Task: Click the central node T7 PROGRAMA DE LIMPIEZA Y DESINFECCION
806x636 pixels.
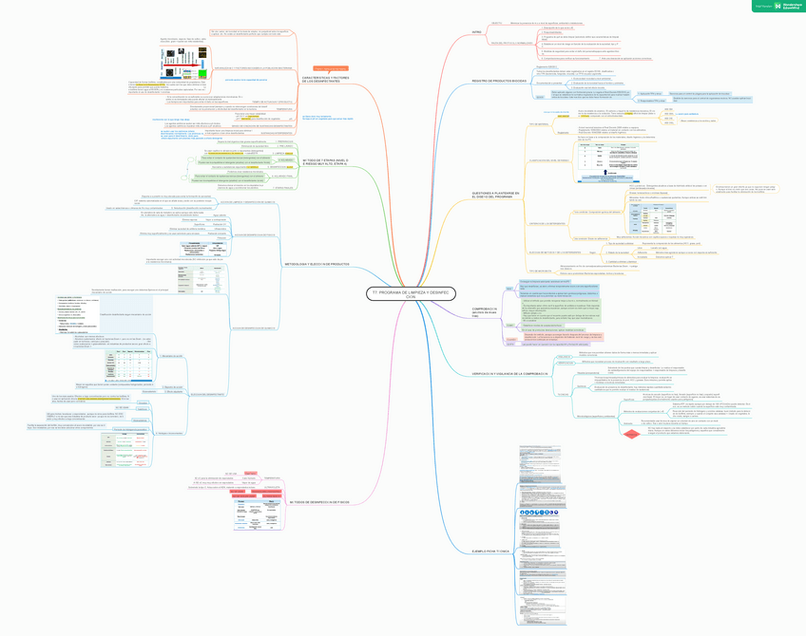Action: [404, 295]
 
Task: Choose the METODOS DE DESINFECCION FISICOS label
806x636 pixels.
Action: [318, 501]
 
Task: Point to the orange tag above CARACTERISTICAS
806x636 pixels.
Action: [334, 68]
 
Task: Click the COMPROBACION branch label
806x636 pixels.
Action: [484, 310]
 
